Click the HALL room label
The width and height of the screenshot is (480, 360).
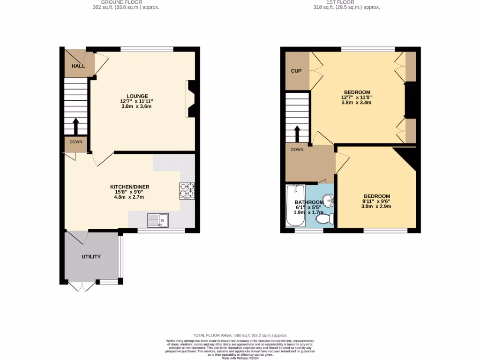78,66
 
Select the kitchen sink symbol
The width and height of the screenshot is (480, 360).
158,219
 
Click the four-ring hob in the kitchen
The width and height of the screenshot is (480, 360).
187,190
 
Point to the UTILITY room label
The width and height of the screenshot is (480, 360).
91,257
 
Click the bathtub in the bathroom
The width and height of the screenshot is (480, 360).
295,205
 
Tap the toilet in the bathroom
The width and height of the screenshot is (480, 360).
325,218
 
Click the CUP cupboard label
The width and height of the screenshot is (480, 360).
296,71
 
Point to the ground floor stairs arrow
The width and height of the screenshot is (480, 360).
75,126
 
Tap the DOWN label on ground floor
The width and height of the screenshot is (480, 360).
76,142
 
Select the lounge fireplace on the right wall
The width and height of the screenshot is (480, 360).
191,98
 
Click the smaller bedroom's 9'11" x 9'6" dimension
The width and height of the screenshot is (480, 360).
377,202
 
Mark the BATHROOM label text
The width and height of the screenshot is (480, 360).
309,202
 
